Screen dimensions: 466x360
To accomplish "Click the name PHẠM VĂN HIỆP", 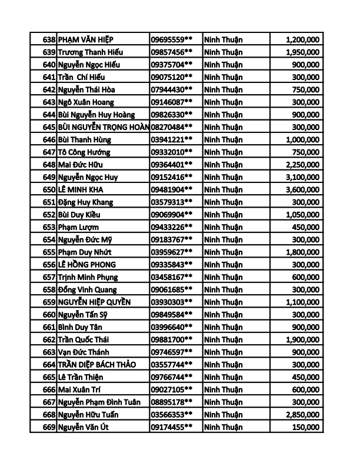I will tap(87, 39).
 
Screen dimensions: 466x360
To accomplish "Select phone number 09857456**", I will tap(172, 52).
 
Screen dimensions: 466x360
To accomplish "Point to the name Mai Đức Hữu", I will tap(80, 165).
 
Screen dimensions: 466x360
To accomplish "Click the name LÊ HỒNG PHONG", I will tap(87, 265).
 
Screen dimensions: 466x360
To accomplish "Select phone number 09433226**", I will tap(172, 227).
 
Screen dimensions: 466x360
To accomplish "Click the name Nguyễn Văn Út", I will tap(84, 428).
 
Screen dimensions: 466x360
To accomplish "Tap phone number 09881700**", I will tap(172, 339).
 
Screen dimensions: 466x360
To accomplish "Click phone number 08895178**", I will tap(172, 402).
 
